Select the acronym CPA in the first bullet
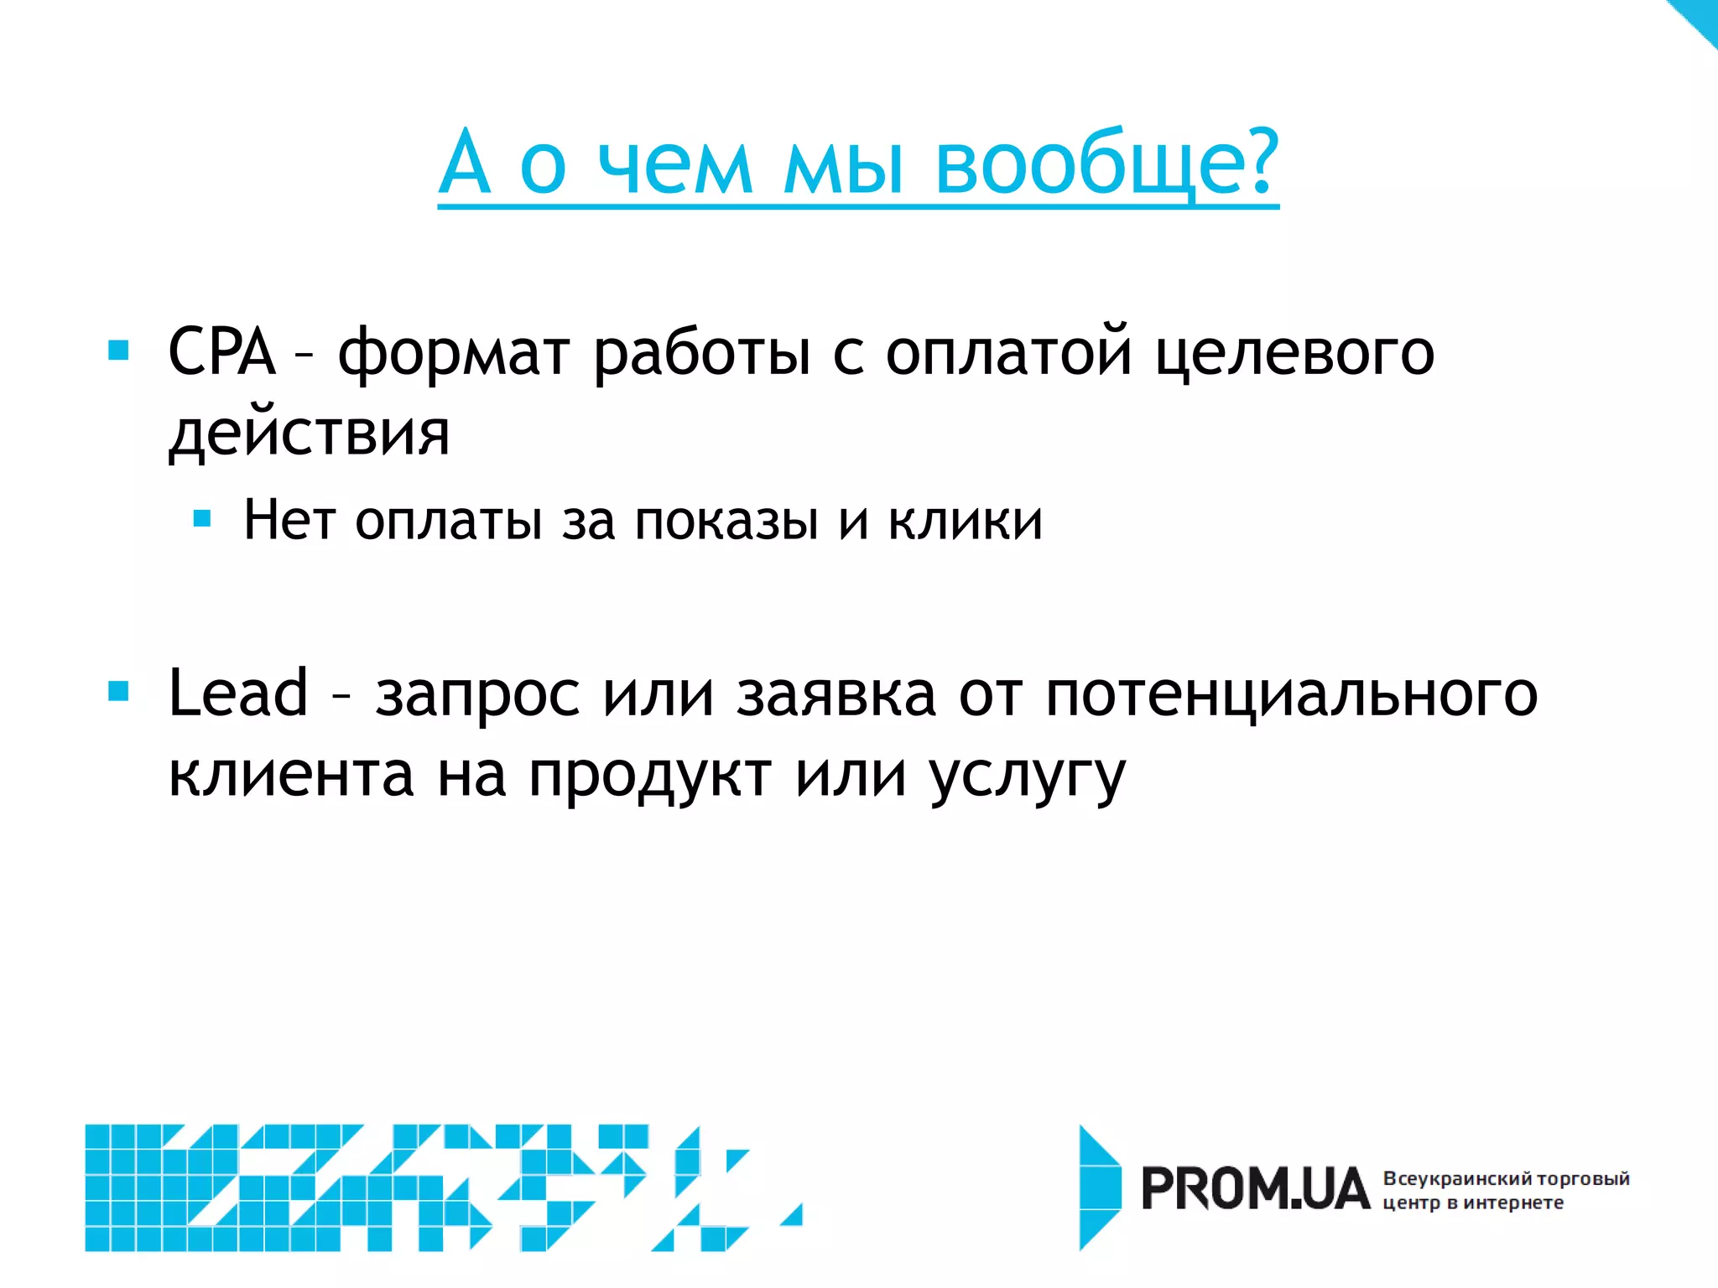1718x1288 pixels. tap(221, 351)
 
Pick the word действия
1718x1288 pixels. tap(310, 434)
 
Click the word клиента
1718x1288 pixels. tap(291, 774)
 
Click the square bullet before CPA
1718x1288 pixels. tap(119, 350)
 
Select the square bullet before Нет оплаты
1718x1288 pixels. tap(202, 518)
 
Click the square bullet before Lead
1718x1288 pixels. tap(119, 691)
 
